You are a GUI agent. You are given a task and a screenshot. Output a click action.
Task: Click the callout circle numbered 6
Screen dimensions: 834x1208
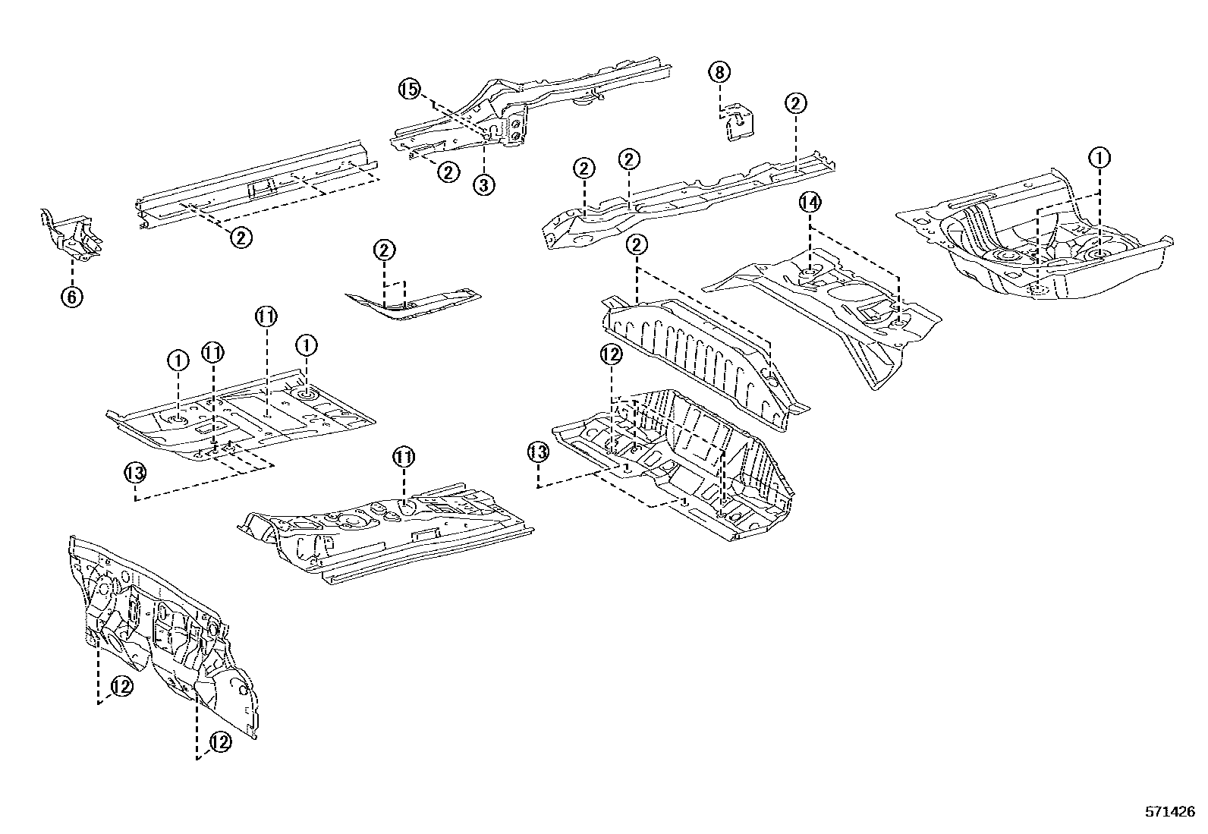point(71,297)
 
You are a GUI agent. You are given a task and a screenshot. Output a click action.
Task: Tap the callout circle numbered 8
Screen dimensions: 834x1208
point(719,72)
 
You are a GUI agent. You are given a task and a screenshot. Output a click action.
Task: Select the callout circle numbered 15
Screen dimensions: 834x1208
point(409,90)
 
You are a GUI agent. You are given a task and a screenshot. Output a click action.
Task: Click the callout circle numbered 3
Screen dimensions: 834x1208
point(484,184)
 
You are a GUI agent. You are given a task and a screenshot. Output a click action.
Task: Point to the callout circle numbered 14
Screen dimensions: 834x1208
point(810,203)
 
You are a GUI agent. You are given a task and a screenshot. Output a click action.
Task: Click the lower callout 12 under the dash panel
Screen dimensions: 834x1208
point(219,742)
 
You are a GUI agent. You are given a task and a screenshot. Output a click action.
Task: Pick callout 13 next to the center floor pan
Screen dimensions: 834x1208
point(537,453)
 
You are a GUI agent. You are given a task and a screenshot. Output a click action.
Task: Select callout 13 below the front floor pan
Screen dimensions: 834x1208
point(135,473)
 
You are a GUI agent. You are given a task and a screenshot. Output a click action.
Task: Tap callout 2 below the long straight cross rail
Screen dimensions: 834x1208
point(241,238)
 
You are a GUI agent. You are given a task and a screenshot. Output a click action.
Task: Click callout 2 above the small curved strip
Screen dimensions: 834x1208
point(385,250)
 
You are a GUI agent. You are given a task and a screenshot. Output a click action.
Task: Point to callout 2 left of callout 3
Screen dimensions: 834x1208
point(448,172)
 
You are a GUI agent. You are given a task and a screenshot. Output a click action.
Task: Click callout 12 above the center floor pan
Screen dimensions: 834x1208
point(611,354)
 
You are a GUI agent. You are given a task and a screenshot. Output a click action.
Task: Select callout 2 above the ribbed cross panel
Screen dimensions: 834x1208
point(637,244)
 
